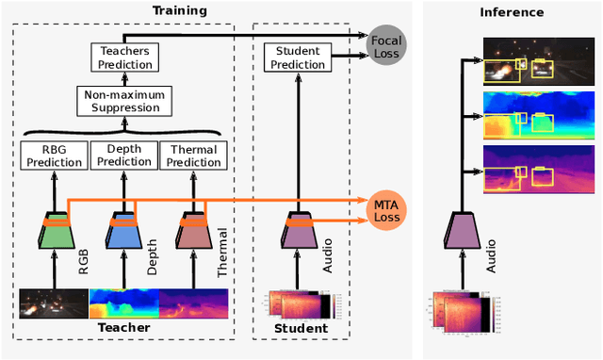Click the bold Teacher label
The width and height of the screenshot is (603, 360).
point(124,328)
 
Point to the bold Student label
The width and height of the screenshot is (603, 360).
point(300,328)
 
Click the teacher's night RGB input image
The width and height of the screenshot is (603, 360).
point(54,303)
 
